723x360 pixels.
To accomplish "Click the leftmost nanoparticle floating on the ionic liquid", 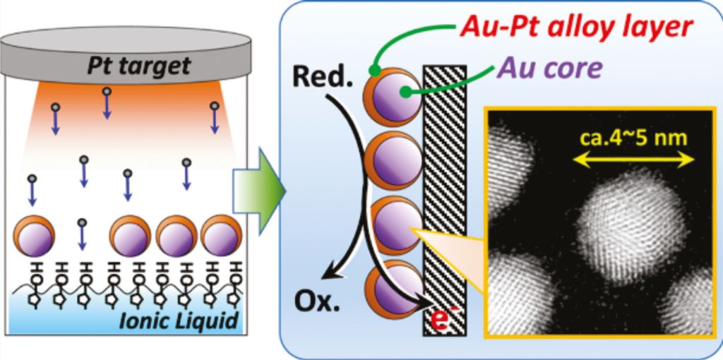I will coord(33,237).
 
